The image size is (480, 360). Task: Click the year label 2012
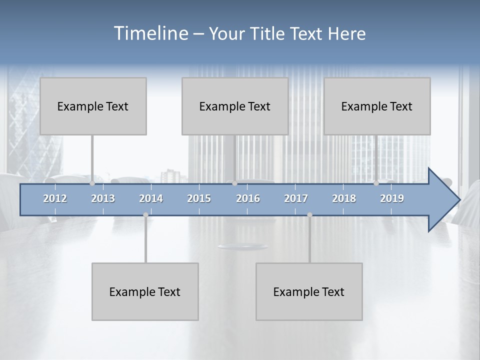tap(55, 198)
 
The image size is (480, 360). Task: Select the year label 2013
tap(103, 198)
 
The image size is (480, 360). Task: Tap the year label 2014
tap(151, 198)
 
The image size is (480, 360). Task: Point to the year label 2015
tap(199, 198)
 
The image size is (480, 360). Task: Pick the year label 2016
tap(248, 198)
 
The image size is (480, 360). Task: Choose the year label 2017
tap(296, 198)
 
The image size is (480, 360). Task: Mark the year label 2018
tap(344, 198)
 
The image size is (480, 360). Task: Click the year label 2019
tap(392, 198)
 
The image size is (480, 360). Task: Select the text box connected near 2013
tap(93, 106)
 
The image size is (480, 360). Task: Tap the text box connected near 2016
tap(235, 106)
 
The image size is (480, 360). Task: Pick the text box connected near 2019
tap(377, 106)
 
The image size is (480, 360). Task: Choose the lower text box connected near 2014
tap(145, 291)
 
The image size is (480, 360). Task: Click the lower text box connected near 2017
tap(309, 291)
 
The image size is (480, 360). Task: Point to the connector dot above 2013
tap(92, 183)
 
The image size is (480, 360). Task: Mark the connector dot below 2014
tap(145, 215)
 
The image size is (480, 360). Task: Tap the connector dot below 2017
tap(309, 215)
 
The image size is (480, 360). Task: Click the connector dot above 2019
tap(376, 183)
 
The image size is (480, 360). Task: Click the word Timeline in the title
tap(150, 33)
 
